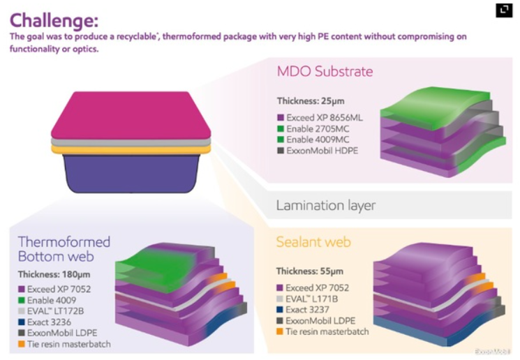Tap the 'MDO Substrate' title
tap(325, 71)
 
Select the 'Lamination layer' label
tap(325, 205)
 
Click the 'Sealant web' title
tap(313, 242)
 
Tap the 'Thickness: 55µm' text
tap(309, 271)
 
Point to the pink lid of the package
tap(130, 114)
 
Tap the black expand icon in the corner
tap(503, 10)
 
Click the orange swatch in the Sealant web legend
tap(281, 332)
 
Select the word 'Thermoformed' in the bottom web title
tap(64, 242)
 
